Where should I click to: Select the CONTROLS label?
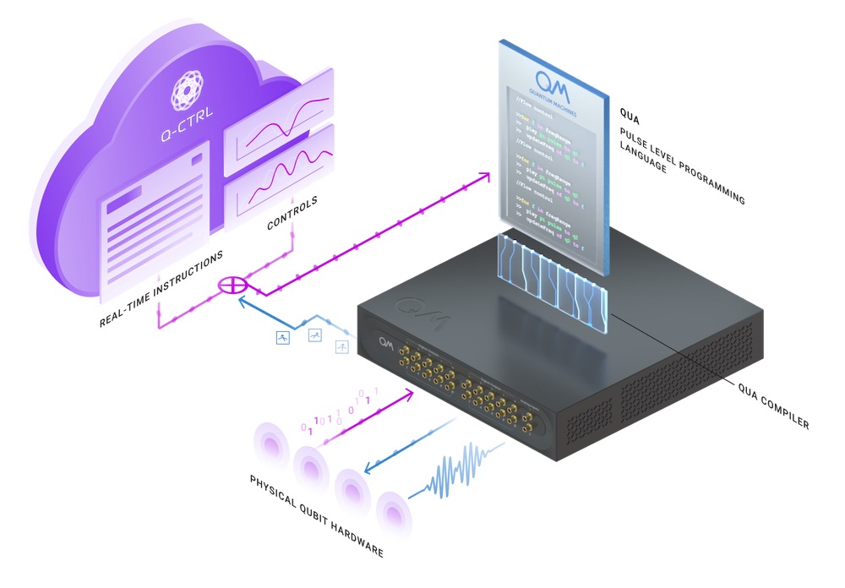click(292, 214)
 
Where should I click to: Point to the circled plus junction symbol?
click(229, 286)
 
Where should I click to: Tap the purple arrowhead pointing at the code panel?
click(484, 177)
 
